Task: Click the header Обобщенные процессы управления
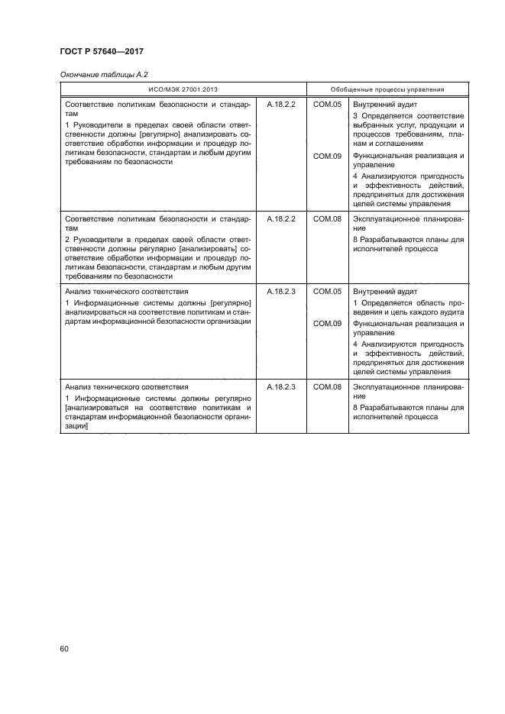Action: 387,89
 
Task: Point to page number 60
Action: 64,648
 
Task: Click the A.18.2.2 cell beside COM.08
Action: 280,218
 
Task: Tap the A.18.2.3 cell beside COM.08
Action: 280,387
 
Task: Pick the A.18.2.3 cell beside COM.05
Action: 280,292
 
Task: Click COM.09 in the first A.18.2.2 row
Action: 327,156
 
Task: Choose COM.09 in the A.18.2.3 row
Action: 327,324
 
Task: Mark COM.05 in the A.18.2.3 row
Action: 327,292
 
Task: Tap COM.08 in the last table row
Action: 327,387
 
